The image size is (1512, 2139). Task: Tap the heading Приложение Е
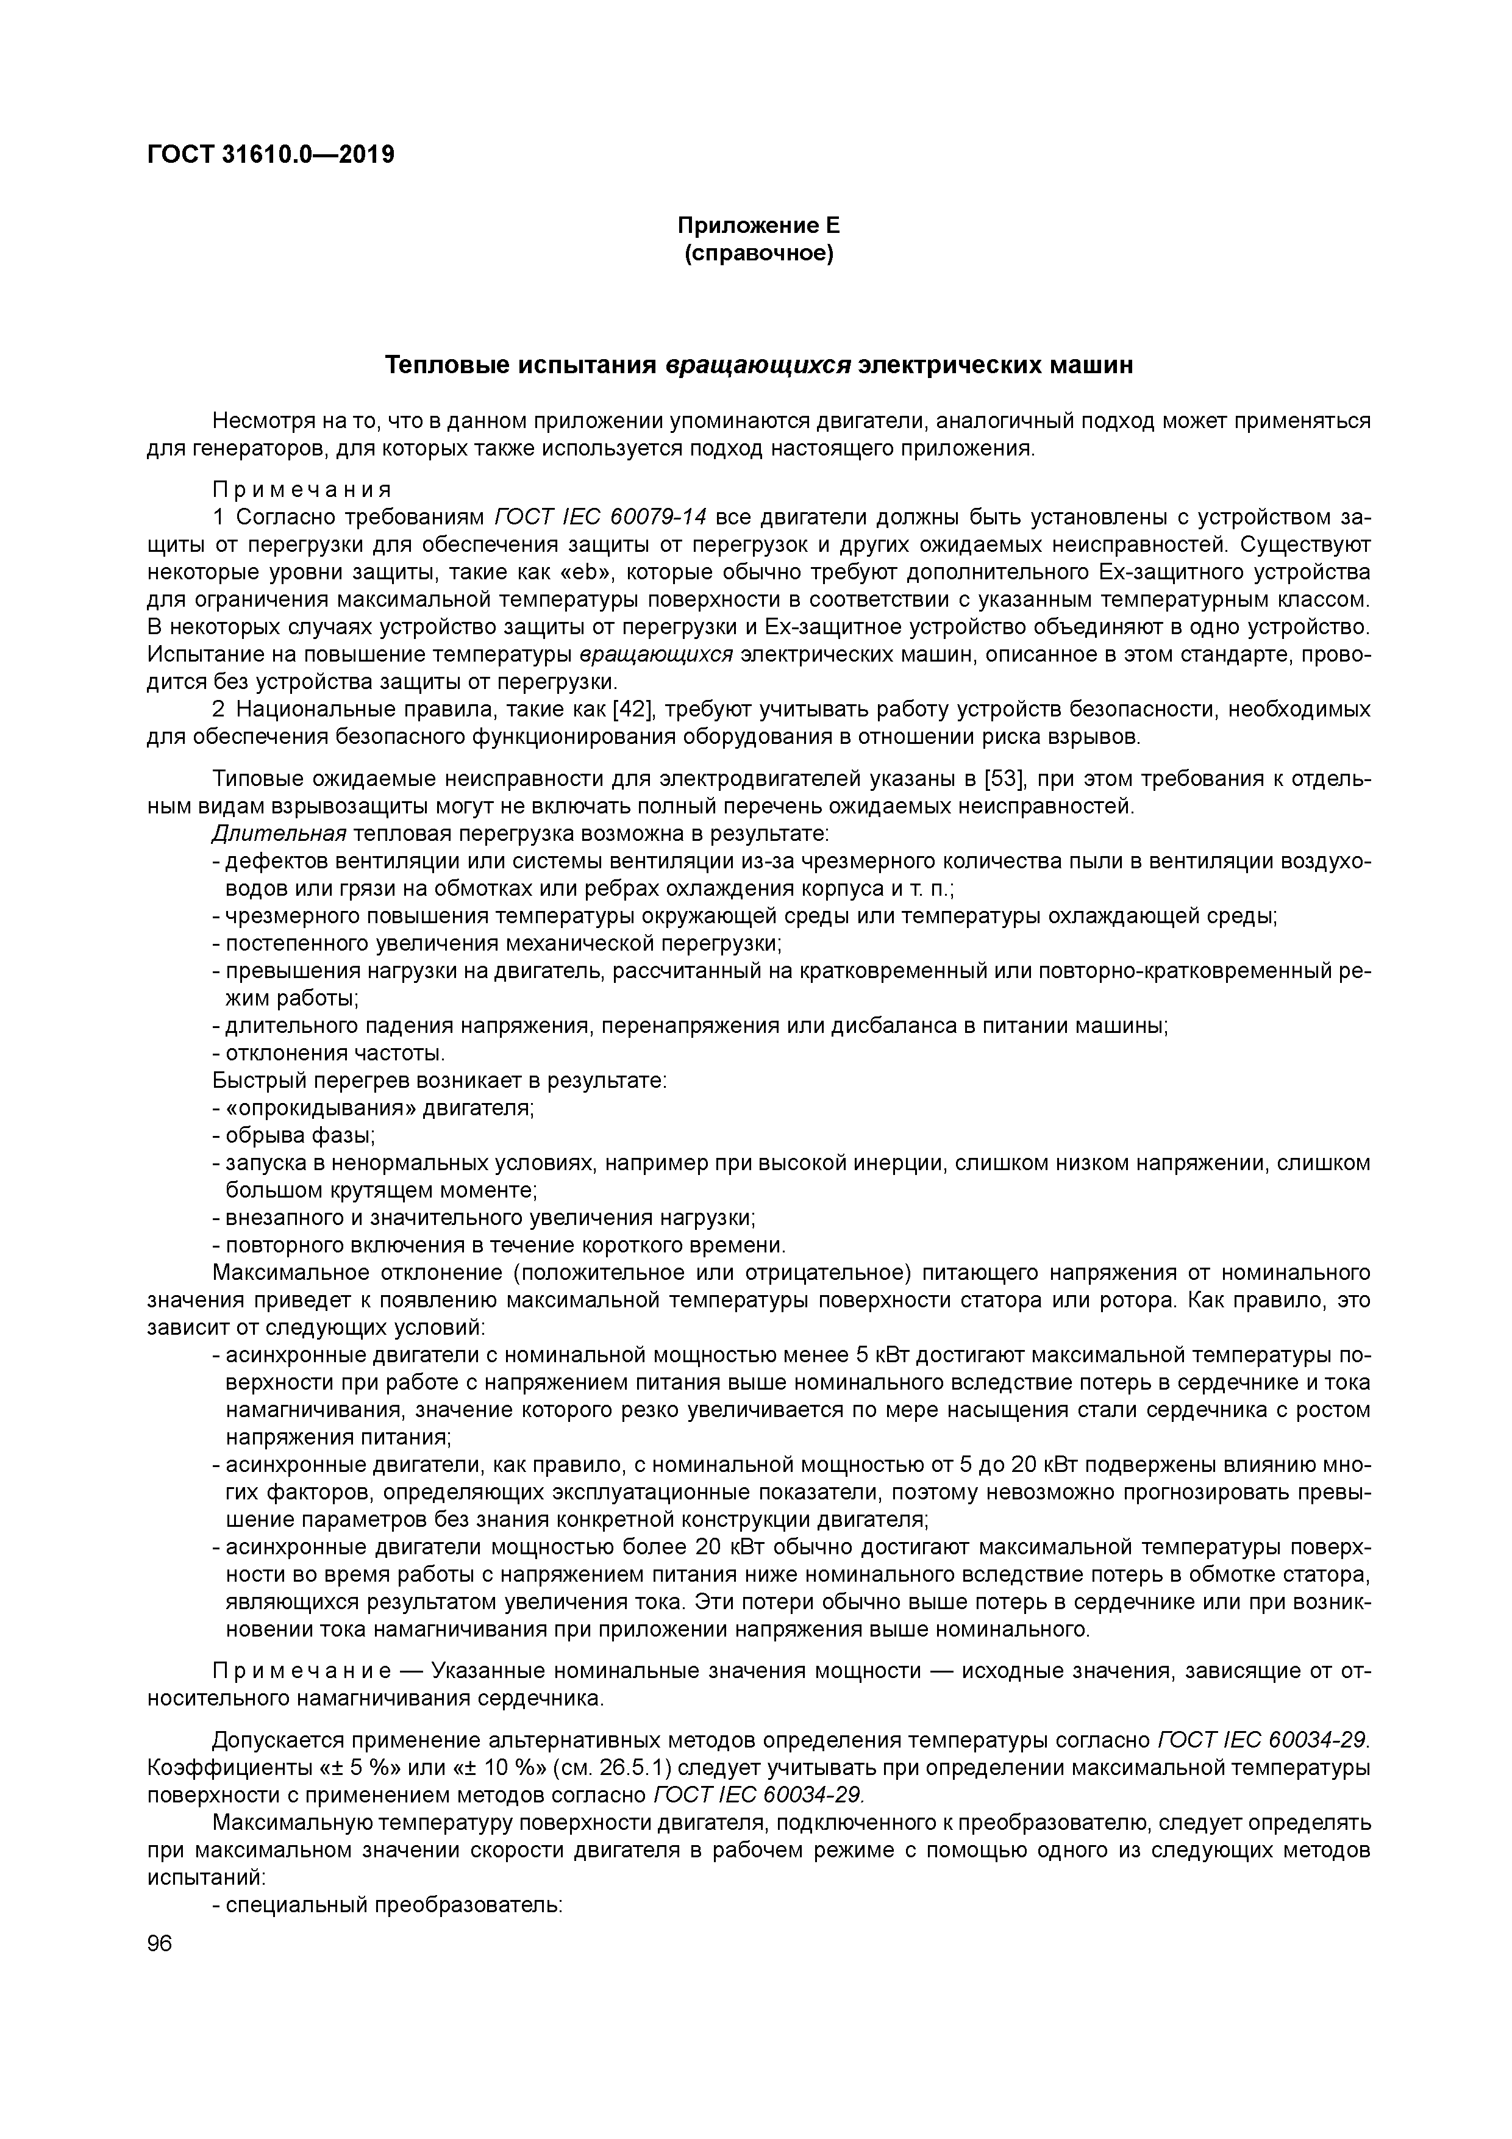758,226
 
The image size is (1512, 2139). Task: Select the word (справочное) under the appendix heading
758,254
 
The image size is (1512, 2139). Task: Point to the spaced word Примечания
302,489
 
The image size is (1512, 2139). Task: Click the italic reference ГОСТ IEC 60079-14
601,517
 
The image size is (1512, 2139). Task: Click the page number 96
160,1943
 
